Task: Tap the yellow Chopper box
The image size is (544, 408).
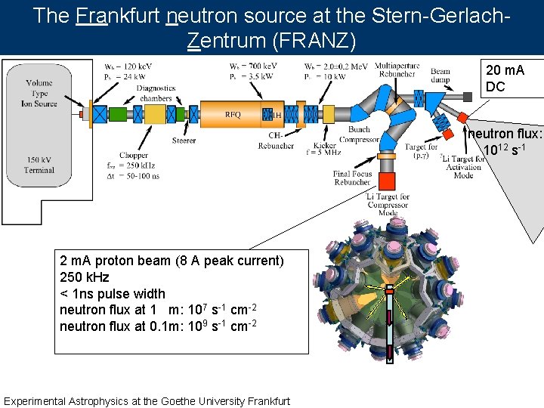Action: pos(156,114)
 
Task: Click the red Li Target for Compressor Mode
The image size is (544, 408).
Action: pos(387,181)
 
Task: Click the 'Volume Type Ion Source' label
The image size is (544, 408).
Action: pos(39,93)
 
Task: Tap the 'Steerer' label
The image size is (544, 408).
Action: pos(184,141)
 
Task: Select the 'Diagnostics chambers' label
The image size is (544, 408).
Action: pos(155,93)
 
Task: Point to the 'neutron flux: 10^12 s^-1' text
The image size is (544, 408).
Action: pos(505,141)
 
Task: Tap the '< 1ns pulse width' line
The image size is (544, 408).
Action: pos(112,293)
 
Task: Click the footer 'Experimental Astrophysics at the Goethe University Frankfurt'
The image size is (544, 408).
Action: pos(147,400)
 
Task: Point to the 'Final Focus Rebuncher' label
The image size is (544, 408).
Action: pos(352,178)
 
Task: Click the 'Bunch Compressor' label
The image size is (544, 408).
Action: pos(359,134)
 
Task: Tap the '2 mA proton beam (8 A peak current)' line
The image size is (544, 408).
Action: pos(172,261)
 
